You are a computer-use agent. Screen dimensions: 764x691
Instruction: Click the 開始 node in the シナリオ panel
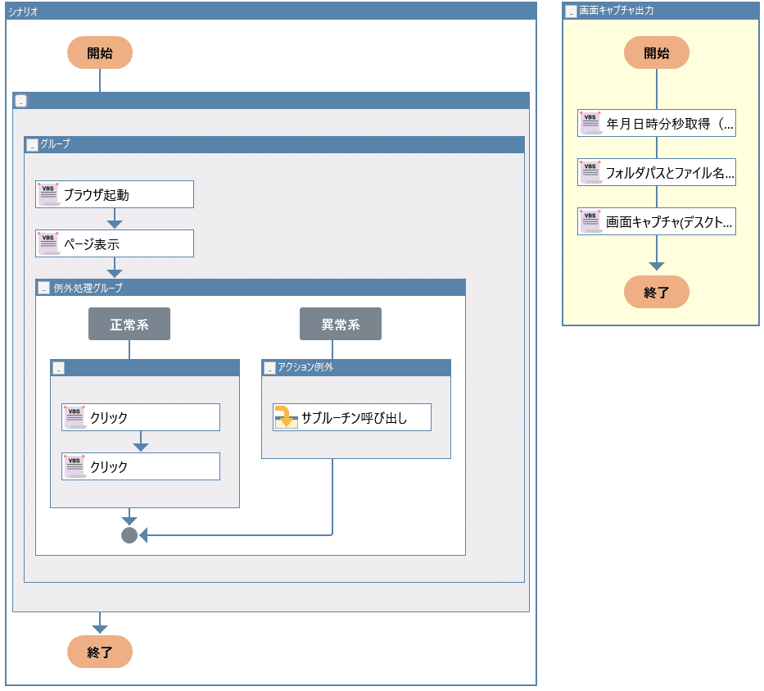pos(100,52)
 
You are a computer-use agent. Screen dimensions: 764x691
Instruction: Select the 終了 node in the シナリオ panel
pos(100,652)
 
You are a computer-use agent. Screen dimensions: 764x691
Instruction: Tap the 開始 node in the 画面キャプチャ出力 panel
pos(656,52)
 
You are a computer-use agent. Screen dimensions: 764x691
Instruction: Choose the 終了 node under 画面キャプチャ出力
pos(656,292)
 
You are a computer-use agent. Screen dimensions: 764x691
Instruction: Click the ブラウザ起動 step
pos(115,194)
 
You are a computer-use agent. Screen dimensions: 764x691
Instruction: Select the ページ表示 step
pos(115,243)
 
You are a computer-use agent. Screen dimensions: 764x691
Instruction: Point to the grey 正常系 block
pos(129,324)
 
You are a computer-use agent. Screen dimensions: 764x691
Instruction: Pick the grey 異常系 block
pos(341,324)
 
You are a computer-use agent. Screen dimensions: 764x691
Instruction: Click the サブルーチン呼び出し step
pos(352,417)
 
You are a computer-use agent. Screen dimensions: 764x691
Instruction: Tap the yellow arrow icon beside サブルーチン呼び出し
pos(286,417)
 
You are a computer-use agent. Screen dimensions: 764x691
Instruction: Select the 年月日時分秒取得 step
pos(656,123)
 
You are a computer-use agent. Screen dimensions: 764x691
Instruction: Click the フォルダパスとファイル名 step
pos(656,172)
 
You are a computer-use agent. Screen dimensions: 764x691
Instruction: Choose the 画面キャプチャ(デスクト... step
pos(656,221)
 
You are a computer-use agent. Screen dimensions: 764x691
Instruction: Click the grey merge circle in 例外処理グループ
pos(129,535)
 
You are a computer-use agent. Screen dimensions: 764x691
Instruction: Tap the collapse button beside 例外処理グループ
pos(44,288)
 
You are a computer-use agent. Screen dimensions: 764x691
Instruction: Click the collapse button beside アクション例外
pos(269,368)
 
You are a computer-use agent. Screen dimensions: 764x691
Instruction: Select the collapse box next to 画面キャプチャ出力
pos(571,11)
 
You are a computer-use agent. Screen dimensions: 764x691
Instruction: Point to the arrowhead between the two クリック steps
pos(141,448)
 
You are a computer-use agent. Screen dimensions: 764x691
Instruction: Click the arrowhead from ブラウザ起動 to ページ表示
pos(115,225)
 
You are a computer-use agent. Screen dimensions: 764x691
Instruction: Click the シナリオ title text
pos(23,11)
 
